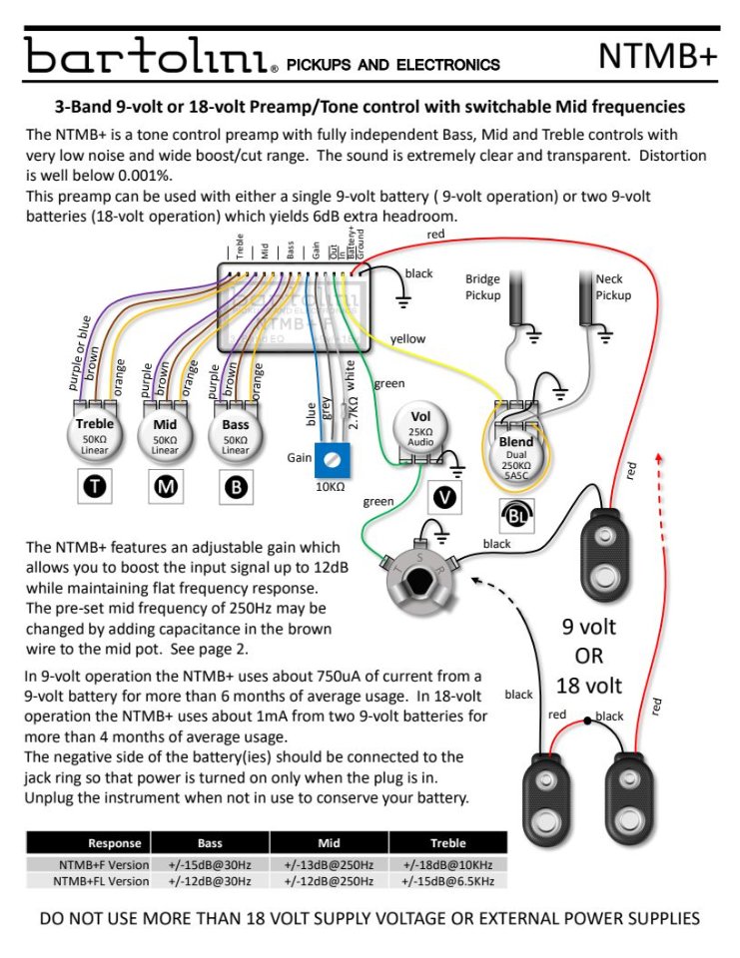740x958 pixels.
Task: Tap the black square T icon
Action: coord(97,488)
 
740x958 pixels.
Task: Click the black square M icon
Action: coord(165,488)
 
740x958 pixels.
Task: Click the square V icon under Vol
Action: coord(445,496)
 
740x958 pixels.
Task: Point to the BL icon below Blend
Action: coord(515,515)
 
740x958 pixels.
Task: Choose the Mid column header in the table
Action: coord(329,842)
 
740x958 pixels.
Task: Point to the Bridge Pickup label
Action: coord(483,287)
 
